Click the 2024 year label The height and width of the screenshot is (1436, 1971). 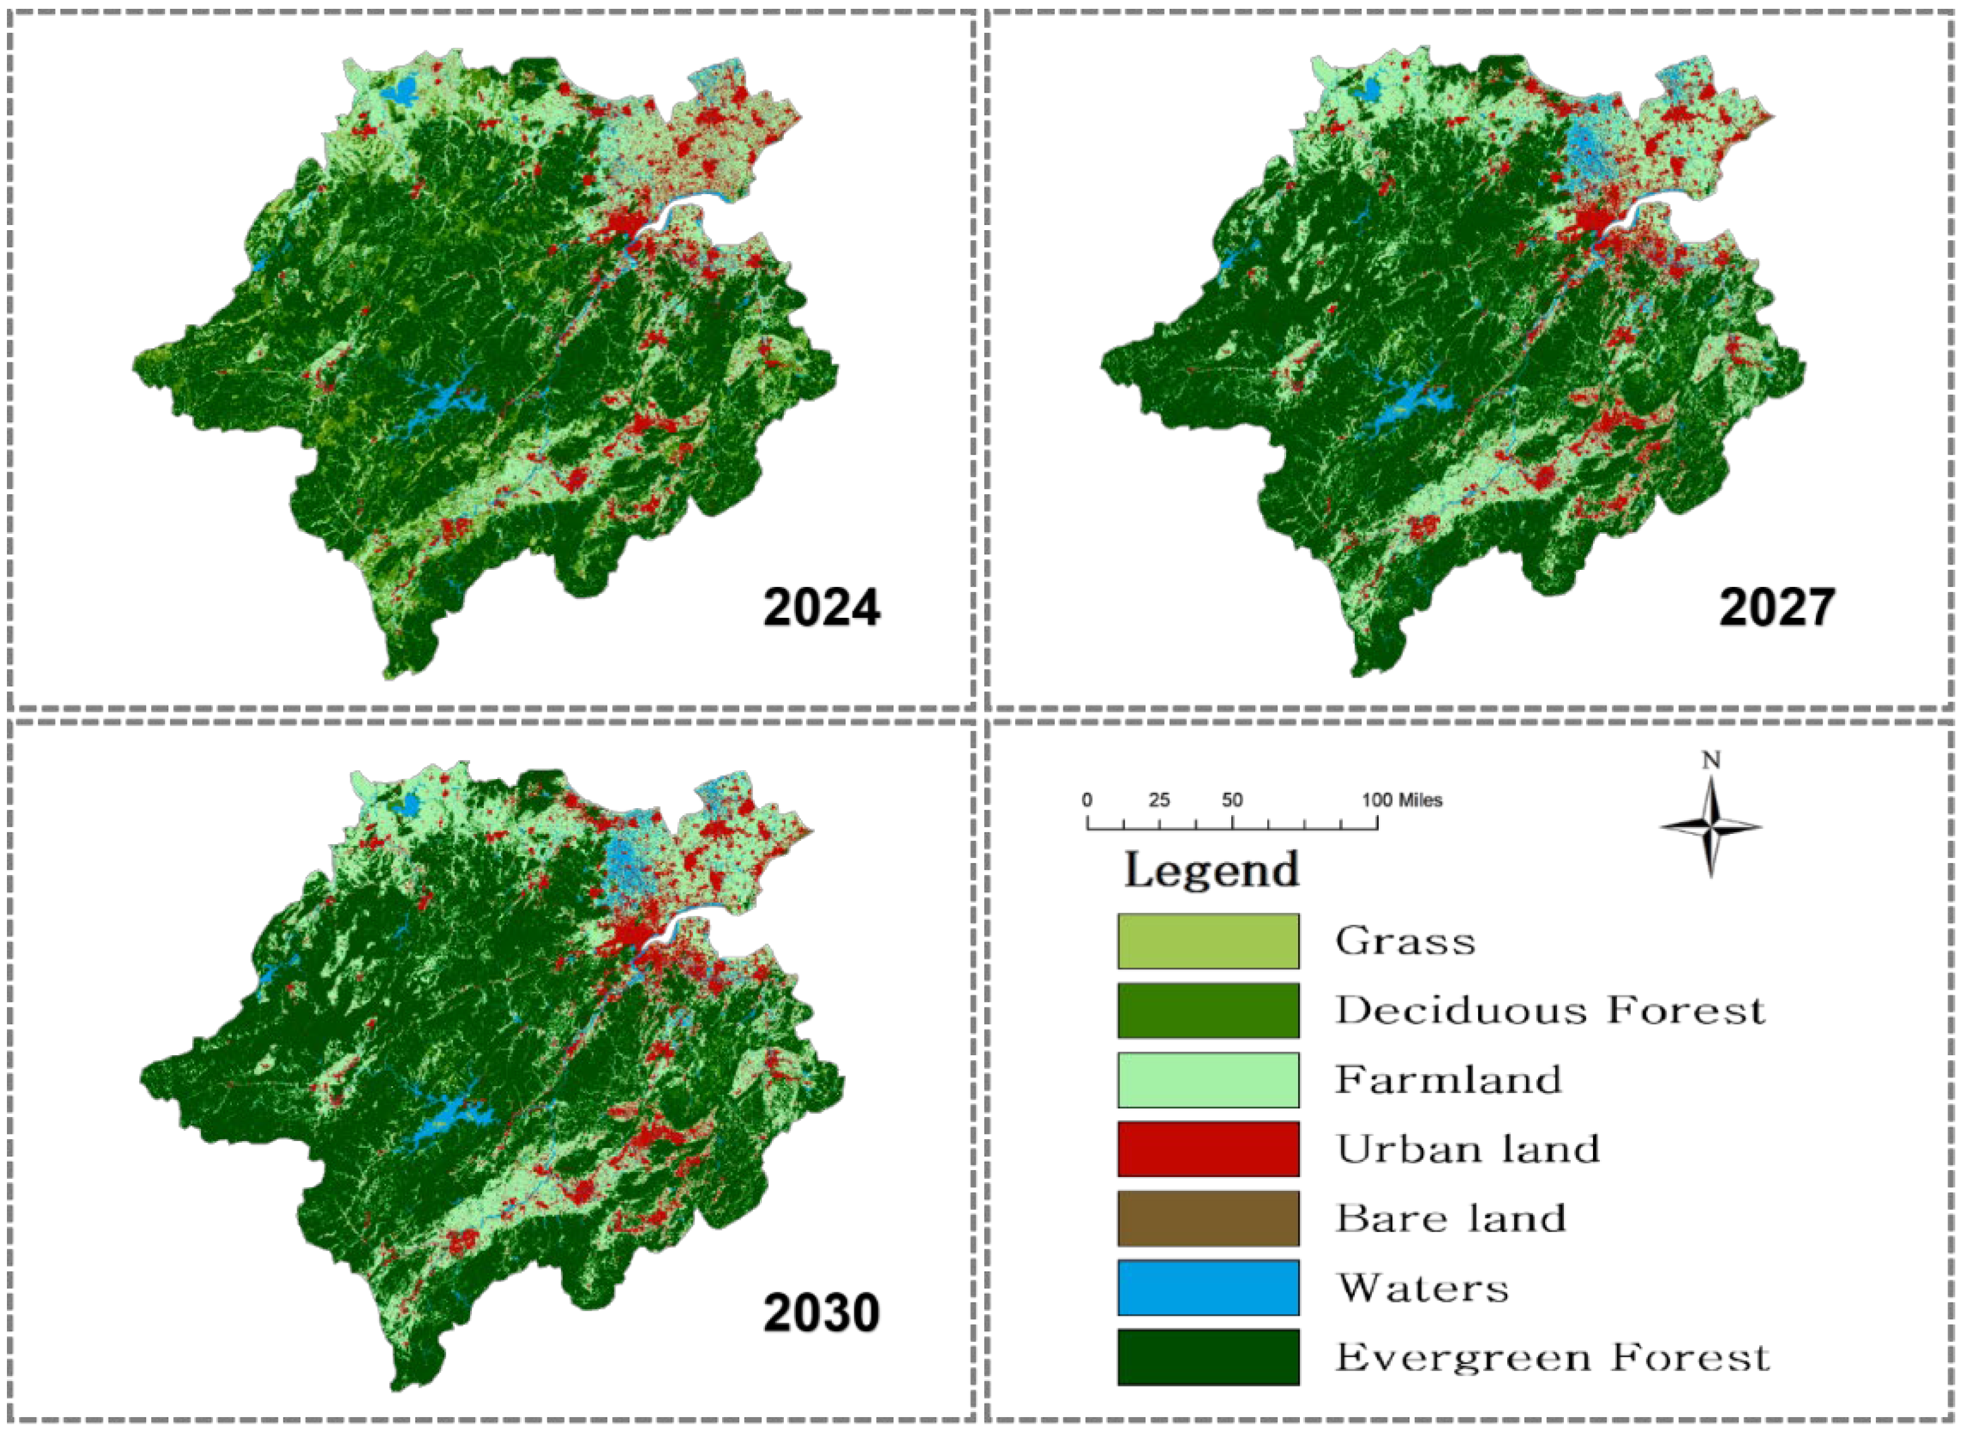(821, 608)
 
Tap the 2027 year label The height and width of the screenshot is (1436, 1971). (1776, 608)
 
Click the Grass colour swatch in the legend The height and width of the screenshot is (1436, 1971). (1208, 941)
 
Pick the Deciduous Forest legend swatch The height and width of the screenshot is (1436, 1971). (1208, 1010)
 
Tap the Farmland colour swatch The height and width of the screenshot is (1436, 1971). (1208, 1080)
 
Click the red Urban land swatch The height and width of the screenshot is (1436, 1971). (1208, 1149)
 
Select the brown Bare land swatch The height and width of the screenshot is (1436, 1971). (1208, 1219)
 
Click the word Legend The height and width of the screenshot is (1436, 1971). (1212, 870)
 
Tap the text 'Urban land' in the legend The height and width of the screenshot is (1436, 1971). (1467, 1149)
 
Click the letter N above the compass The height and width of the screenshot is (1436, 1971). (1710, 761)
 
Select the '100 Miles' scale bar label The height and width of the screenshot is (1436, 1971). (1402, 800)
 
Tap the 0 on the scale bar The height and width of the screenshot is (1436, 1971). (1087, 800)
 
